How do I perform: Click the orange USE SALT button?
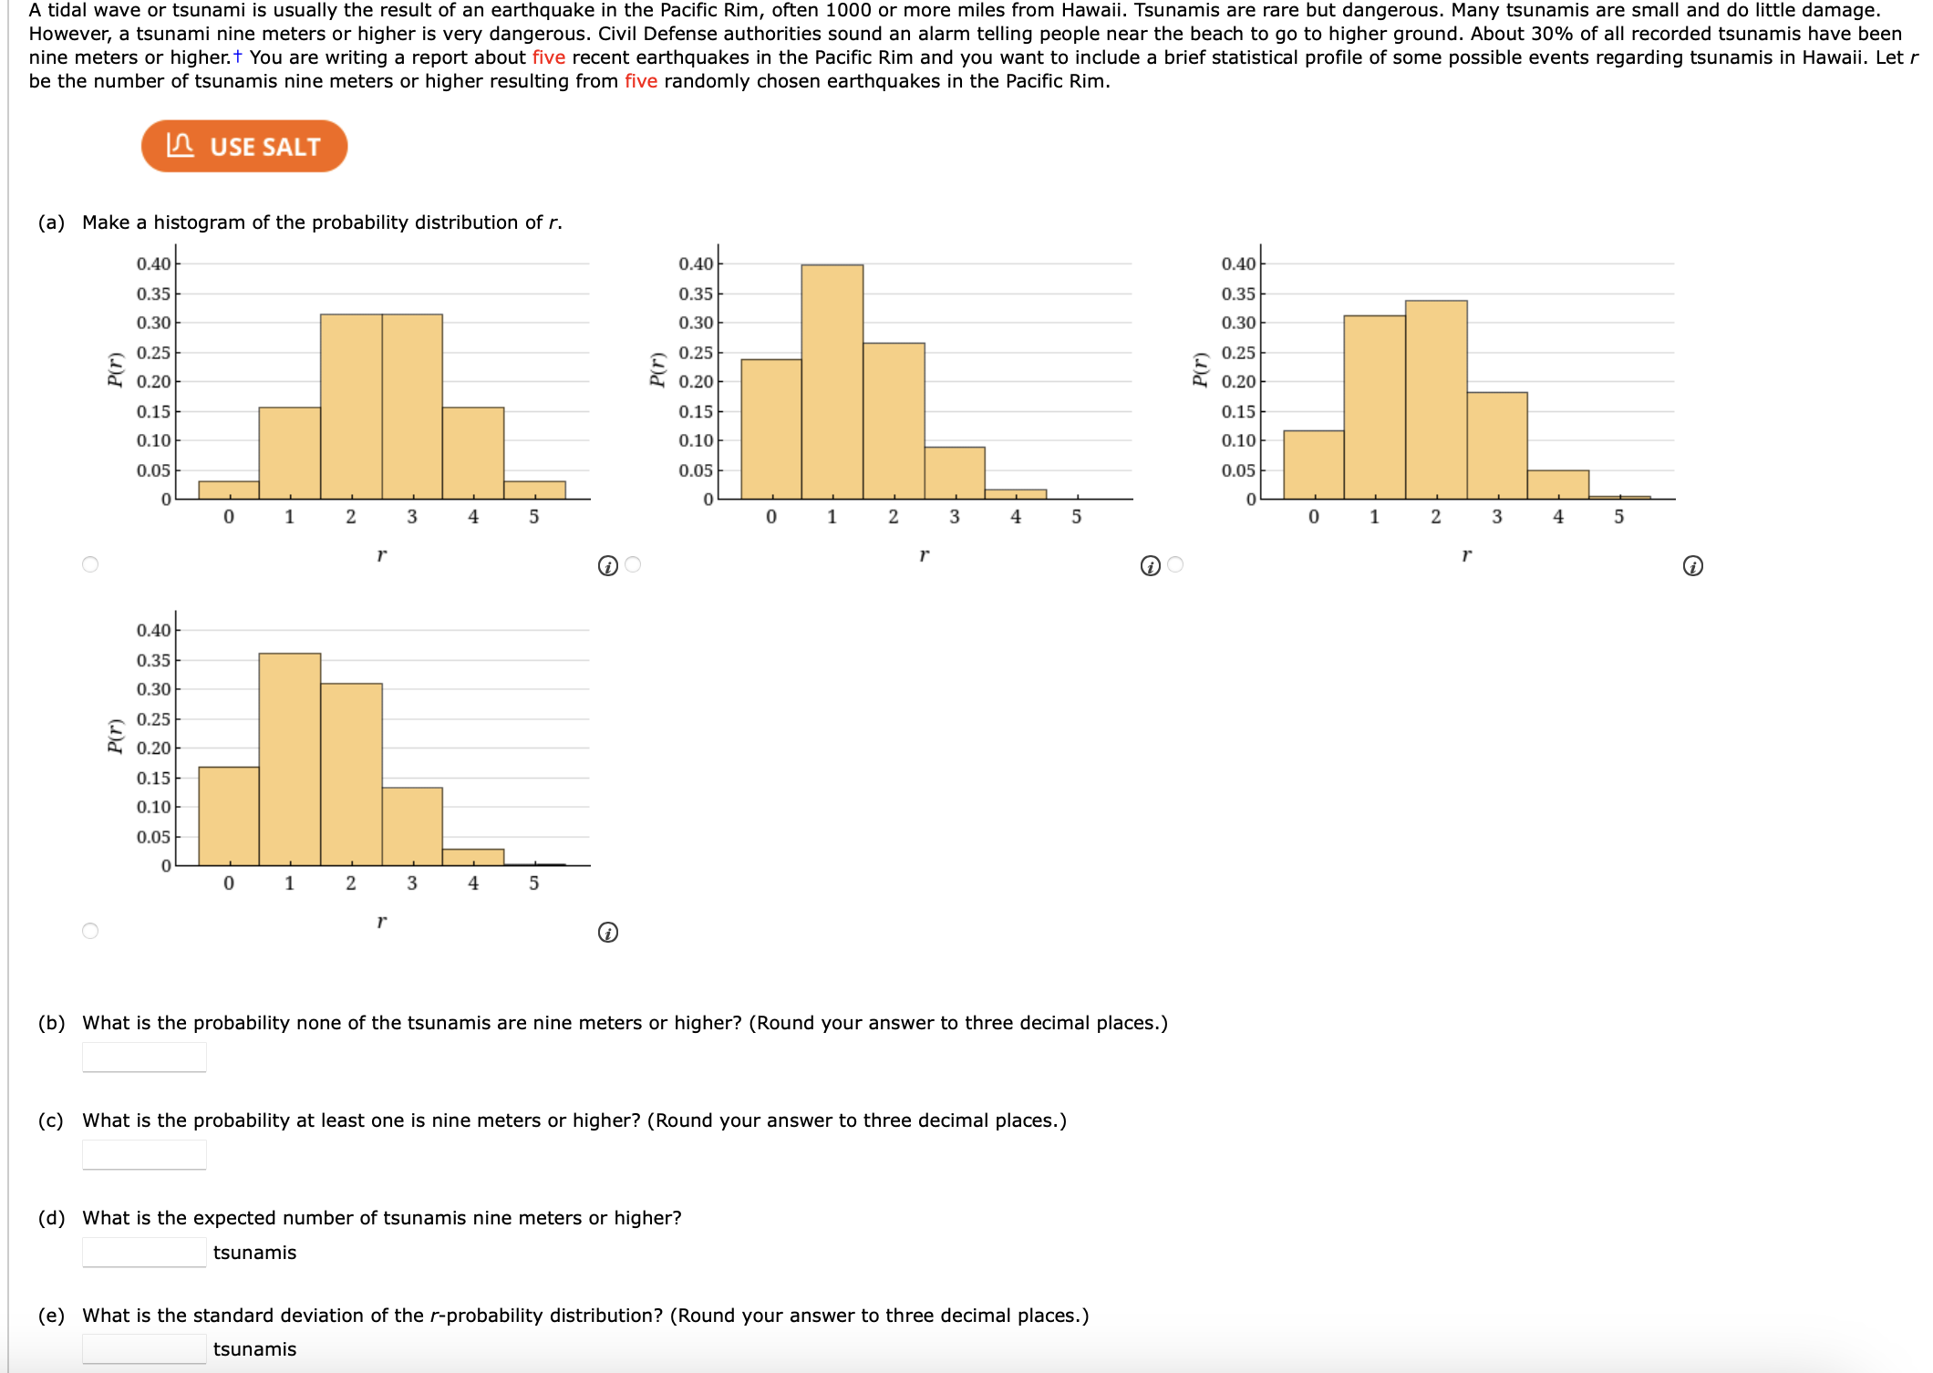tap(244, 146)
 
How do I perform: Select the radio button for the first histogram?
tap(90, 564)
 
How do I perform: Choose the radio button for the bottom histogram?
tap(90, 931)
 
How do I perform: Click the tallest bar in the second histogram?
tap(832, 383)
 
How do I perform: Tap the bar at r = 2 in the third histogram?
tap(1436, 401)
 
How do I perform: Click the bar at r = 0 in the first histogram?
tap(229, 490)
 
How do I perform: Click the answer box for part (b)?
tap(144, 1058)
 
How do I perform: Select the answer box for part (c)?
tap(144, 1155)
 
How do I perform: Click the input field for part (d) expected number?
tap(144, 1253)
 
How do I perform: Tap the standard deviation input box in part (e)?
tap(144, 1349)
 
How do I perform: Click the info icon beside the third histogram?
tap(1692, 566)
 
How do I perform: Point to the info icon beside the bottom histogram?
tap(608, 933)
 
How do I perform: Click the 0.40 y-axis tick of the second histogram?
tap(696, 264)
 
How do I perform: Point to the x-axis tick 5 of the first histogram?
tap(534, 517)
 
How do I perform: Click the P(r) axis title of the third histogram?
tap(1201, 369)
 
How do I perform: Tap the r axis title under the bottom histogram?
tap(381, 922)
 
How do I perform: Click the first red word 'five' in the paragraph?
tap(548, 57)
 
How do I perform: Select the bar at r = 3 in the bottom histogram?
tap(412, 826)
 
